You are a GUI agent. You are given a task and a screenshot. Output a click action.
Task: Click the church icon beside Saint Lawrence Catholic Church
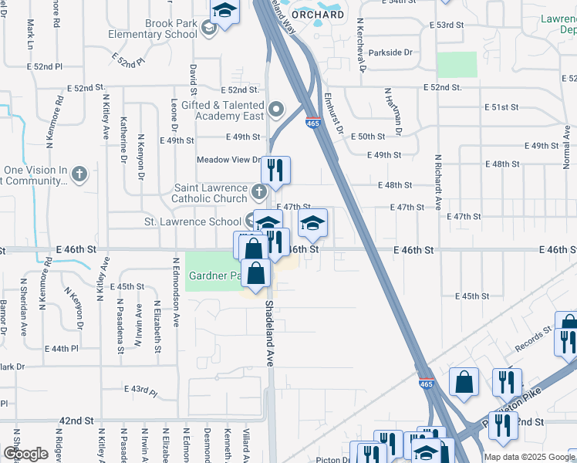tap(261, 190)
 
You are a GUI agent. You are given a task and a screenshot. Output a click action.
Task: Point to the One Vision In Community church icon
tap(79, 175)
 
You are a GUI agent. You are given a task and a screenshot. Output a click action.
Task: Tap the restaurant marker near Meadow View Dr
tap(275, 169)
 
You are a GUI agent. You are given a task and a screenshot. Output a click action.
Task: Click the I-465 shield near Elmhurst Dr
tap(313, 123)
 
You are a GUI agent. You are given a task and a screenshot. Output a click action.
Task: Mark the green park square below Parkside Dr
tap(457, 65)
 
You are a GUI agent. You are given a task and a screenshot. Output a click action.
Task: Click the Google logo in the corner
tap(25, 454)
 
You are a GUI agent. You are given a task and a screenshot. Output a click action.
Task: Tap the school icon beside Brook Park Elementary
tap(208, 29)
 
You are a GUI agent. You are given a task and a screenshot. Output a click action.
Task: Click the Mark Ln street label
tap(30, 32)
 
